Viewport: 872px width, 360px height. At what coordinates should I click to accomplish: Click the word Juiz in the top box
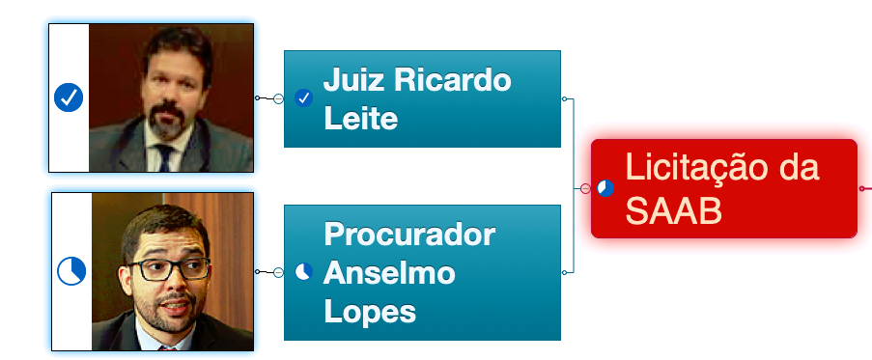(x=353, y=80)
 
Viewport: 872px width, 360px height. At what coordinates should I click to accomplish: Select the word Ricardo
(x=452, y=80)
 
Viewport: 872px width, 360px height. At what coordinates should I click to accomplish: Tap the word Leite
(x=360, y=119)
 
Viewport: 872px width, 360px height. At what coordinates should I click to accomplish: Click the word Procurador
(x=409, y=234)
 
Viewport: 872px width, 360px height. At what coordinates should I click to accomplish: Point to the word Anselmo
(x=389, y=273)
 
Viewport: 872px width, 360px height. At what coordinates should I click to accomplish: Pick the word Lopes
(x=370, y=312)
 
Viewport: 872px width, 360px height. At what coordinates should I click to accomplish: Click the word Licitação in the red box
(x=722, y=167)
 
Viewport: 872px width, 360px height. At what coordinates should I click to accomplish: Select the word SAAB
(x=673, y=210)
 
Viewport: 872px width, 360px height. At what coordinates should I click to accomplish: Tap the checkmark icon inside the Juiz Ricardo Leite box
(x=303, y=98)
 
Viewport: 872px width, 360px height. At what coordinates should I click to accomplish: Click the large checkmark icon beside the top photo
(x=69, y=97)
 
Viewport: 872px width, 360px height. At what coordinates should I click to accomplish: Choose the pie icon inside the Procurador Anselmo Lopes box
(x=303, y=271)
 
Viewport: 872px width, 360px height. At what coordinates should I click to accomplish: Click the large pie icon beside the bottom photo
(x=71, y=271)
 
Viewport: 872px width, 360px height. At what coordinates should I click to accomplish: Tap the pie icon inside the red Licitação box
(x=605, y=188)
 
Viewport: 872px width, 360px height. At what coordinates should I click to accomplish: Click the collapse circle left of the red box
(x=585, y=189)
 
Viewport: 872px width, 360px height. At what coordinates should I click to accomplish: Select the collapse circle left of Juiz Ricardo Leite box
(x=279, y=98)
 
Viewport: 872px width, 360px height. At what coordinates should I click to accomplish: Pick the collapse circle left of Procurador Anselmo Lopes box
(x=279, y=272)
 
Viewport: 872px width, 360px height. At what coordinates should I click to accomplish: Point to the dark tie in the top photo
(x=164, y=157)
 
